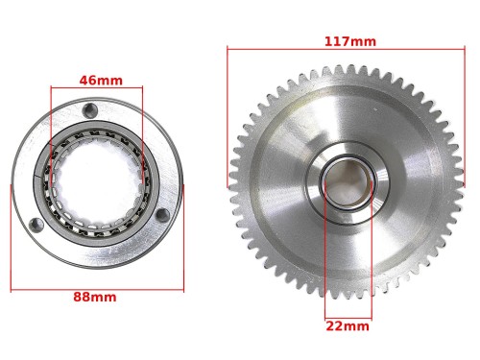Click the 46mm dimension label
pos(101,81)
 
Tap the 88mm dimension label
pos(95,297)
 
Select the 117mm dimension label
pos(350,41)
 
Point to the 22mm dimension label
pos(348,326)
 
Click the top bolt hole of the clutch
pos(90,110)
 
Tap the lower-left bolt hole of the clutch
pos(36,225)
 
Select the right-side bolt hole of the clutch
pos(162,215)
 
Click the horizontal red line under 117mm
pos(346,49)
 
